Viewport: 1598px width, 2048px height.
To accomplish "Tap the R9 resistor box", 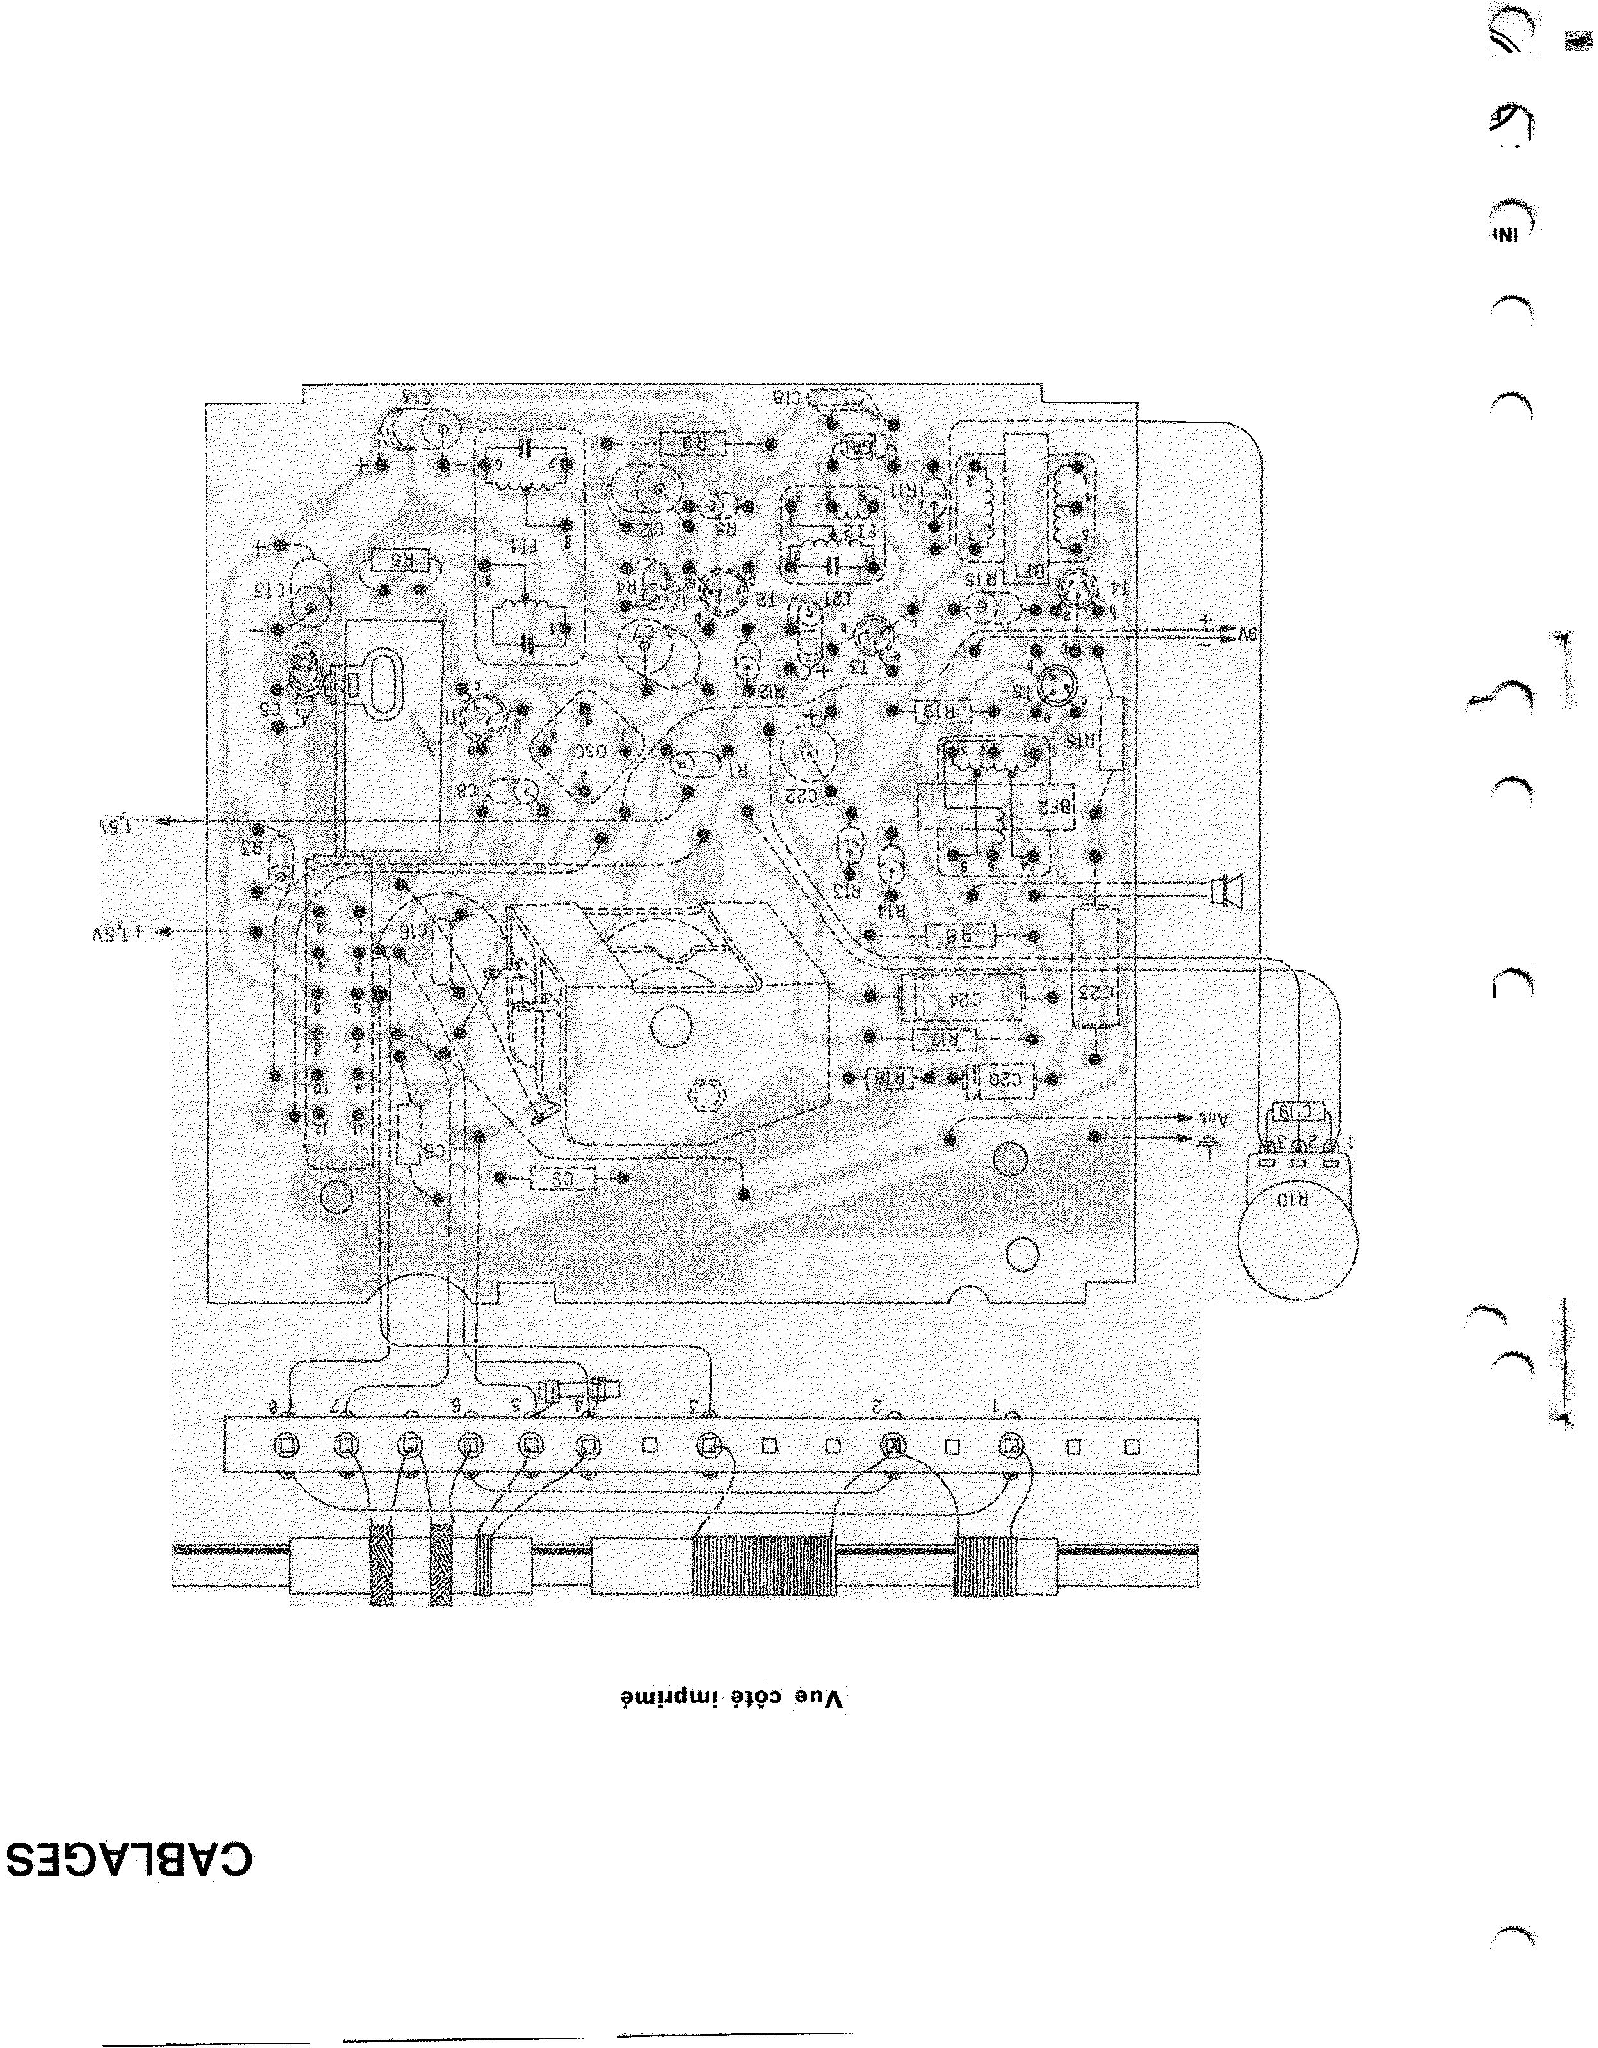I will click(x=692, y=444).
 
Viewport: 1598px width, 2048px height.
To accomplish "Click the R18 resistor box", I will click(x=889, y=1079).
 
